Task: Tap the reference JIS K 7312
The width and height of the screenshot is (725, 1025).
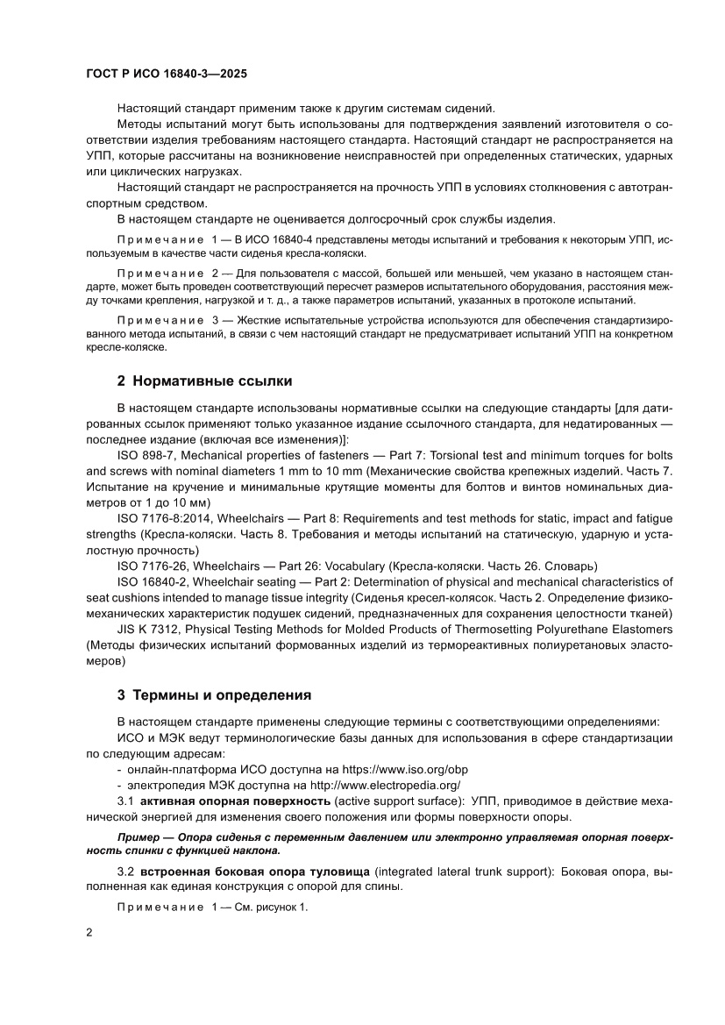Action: coord(146,629)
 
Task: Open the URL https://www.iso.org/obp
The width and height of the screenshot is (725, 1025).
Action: coord(400,769)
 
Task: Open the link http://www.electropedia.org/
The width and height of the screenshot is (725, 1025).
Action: coord(385,785)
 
